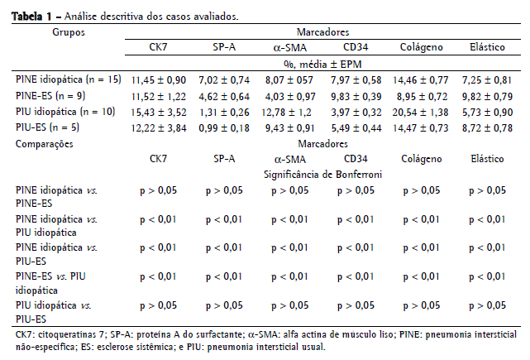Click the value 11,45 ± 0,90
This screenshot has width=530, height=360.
click(156, 79)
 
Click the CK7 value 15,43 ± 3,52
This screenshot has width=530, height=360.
click(156, 111)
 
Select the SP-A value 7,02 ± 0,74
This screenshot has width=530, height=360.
click(224, 79)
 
